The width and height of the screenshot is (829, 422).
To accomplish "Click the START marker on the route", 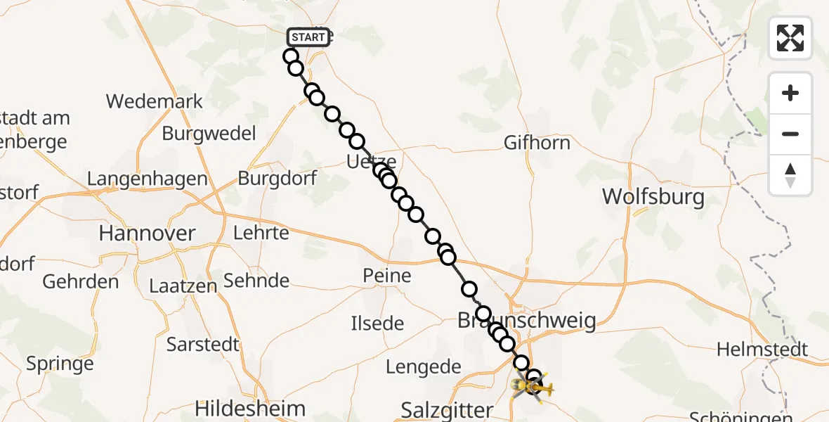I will tap(308, 37).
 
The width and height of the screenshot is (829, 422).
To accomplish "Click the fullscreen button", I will tap(790, 38).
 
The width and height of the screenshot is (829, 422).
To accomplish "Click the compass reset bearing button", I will tap(790, 176).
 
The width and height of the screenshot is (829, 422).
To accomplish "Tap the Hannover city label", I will tap(147, 233).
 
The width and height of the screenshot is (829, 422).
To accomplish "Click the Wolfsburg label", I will tap(653, 196).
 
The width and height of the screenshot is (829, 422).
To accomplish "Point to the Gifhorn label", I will tap(537, 143).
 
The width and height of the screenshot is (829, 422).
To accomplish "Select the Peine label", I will tap(387, 275).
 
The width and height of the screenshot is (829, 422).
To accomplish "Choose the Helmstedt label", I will tap(762, 350).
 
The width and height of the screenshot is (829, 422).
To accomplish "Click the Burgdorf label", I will tap(278, 178).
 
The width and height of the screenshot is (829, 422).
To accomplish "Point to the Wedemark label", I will tap(155, 101).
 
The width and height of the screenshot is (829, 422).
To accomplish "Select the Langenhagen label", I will tap(148, 179).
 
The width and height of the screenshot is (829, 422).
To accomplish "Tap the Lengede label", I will tap(424, 366).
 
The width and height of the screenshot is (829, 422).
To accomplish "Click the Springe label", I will tap(60, 364).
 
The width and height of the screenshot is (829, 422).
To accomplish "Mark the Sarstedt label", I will tap(203, 345).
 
